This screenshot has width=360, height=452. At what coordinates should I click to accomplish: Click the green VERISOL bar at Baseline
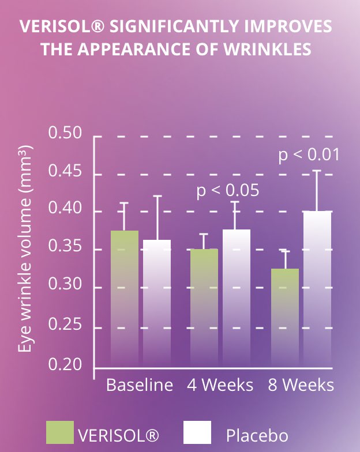(x=125, y=299)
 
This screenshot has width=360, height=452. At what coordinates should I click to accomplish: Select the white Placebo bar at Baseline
(x=157, y=303)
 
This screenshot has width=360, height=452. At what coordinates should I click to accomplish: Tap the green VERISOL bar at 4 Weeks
(x=204, y=308)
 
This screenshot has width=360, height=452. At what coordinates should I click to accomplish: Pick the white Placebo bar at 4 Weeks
(x=237, y=299)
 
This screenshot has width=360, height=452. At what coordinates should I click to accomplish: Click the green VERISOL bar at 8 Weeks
(x=285, y=318)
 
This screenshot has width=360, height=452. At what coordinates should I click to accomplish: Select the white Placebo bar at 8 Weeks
(x=317, y=289)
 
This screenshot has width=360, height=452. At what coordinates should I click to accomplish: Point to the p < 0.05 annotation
(x=227, y=191)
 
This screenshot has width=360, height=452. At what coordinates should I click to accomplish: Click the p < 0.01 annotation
(x=309, y=155)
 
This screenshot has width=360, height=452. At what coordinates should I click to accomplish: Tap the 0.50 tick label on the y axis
(x=65, y=133)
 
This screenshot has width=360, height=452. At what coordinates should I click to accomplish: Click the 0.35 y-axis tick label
(x=65, y=246)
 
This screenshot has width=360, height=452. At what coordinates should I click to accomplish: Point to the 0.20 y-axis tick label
(x=65, y=364)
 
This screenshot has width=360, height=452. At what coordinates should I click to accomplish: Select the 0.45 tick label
(x=65, y=171)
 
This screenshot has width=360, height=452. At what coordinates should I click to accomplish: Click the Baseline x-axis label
(x=140, y=385)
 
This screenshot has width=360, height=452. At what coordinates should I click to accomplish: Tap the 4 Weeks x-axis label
(x=220, y=385)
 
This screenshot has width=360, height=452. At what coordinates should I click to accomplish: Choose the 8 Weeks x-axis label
(x=301, y=385)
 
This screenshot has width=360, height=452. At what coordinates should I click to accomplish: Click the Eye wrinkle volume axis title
(x=25, y=249)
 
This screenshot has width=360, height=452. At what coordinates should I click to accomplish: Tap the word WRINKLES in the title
(x=268, y=49)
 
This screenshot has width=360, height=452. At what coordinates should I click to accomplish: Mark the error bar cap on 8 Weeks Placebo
(x=317, y=171)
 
